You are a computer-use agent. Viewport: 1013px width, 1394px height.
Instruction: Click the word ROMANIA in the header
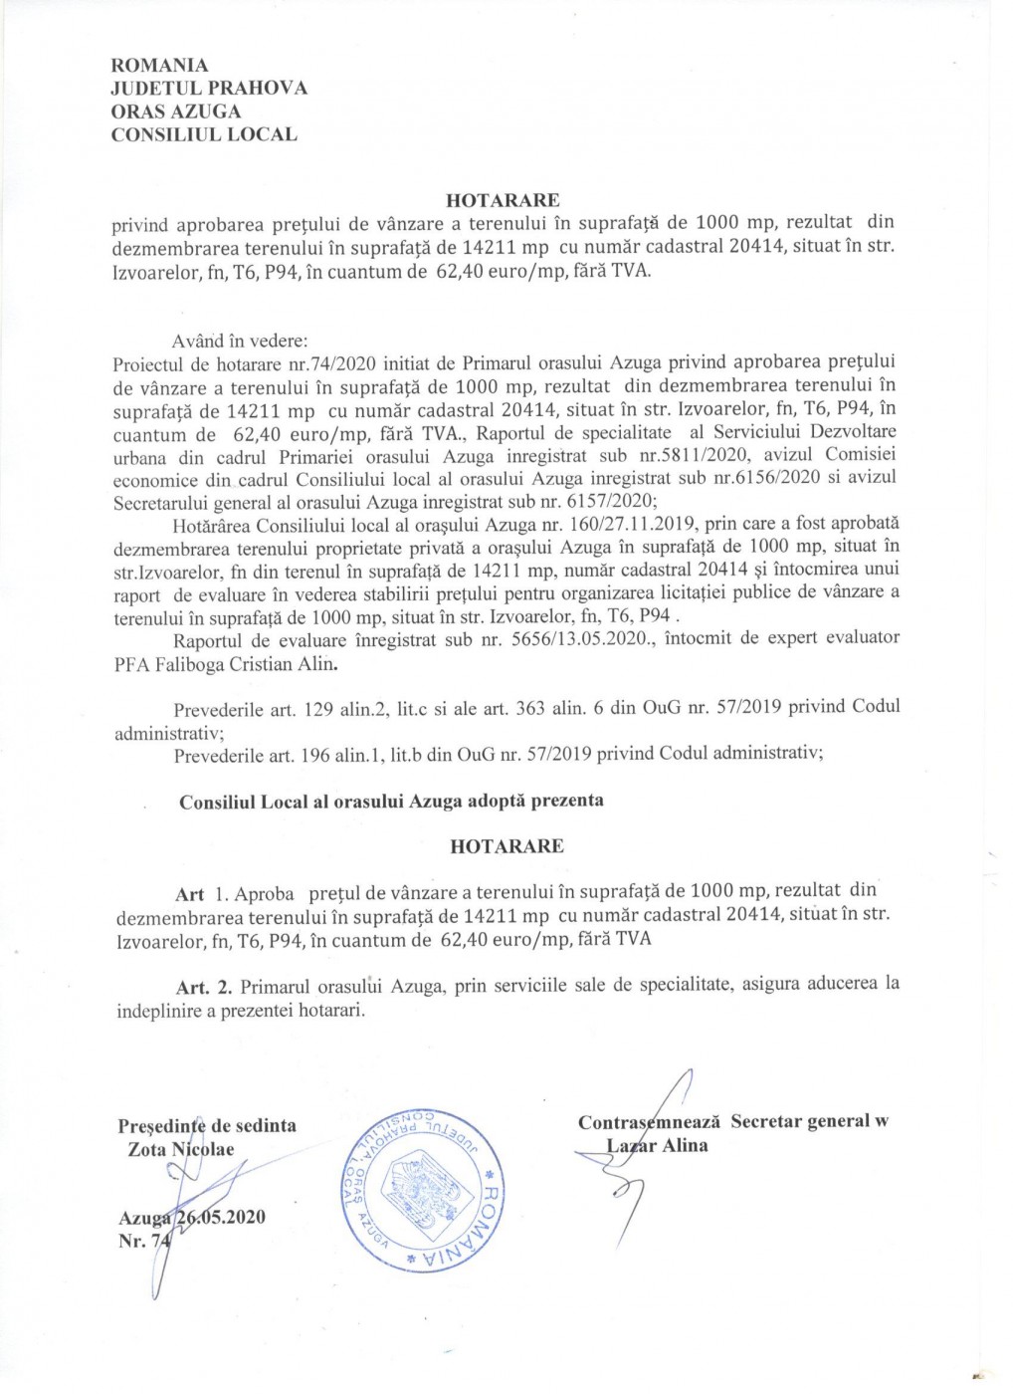tap(160, 66)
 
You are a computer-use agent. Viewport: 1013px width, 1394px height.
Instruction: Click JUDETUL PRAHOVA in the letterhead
tap(209, 89)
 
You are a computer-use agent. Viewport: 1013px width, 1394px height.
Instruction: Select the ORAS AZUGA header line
tap(175, 112)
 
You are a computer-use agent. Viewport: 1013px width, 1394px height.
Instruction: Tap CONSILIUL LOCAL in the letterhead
tap(204, 134)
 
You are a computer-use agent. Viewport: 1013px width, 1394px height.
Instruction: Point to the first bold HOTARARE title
tap(503, 200)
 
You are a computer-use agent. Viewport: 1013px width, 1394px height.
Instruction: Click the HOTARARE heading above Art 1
tap(506, 846)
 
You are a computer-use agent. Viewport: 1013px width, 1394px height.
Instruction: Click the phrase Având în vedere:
tap(240, 341)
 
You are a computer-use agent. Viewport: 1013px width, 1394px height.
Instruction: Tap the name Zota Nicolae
tap(181, 1150)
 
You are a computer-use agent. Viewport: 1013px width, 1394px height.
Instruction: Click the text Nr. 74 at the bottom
tap(145, 1242)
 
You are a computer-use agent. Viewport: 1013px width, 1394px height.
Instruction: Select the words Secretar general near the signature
tap(800, 1121)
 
